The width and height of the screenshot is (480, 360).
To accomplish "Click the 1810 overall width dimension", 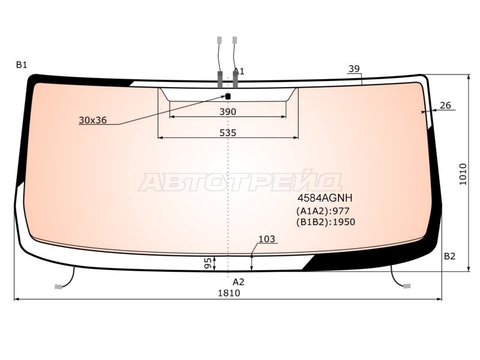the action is pos(229,293).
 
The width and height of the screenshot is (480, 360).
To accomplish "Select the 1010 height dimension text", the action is pos(463,174).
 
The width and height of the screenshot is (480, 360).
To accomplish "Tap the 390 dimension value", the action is pos(228,112).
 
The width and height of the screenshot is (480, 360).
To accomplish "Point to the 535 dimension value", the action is pos(228,133).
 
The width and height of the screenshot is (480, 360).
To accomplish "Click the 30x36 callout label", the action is pos(93,121).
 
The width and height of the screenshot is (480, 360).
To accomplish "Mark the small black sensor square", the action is pos(228,97).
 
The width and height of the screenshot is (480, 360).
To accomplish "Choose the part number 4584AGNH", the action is pos(325,198).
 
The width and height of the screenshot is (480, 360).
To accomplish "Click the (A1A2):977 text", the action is pos(323,211).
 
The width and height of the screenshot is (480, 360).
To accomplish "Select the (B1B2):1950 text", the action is pos(326,222).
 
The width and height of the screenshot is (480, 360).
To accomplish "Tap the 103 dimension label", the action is pos(267,239).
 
